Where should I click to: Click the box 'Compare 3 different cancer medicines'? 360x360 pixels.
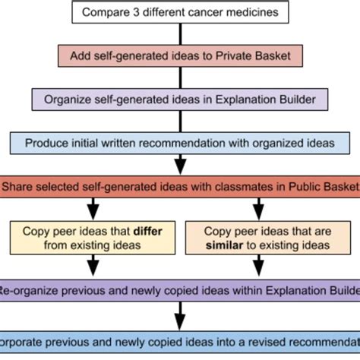pos(180,12)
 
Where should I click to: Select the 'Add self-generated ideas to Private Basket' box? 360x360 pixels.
pos(180,55)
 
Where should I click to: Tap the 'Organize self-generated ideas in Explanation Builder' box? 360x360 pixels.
pos(180,99)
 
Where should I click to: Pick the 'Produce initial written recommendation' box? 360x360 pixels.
pos(180,142)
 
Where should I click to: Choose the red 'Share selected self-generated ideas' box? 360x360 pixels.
pos(180,186)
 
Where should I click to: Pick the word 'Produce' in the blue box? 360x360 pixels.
pos(46,142)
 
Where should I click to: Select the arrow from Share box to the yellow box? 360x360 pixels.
pos(92,207)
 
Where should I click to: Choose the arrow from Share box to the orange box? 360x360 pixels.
pos(269,207)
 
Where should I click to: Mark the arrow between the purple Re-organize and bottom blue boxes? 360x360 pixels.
pos(180,313)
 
